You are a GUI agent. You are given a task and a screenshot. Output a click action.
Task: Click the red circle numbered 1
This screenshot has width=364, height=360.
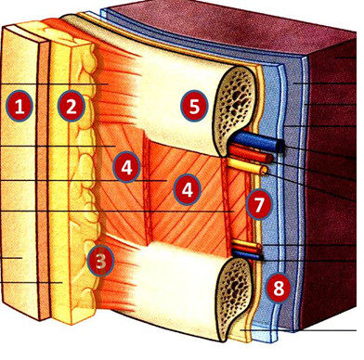click(20, 105)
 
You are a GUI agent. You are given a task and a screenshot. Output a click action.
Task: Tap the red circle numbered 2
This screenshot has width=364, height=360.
click(70, 105)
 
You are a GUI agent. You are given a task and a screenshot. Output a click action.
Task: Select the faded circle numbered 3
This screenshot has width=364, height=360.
click(99, 261)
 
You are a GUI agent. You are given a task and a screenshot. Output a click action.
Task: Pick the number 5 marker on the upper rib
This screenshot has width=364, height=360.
click(193, 105)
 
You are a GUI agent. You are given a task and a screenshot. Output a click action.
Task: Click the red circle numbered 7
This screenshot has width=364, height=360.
click(257, 202)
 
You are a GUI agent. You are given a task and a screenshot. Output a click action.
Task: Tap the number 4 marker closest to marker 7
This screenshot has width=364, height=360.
click(188, 190)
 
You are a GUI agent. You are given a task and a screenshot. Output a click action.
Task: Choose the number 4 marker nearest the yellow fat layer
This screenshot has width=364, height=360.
click(126, 167)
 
